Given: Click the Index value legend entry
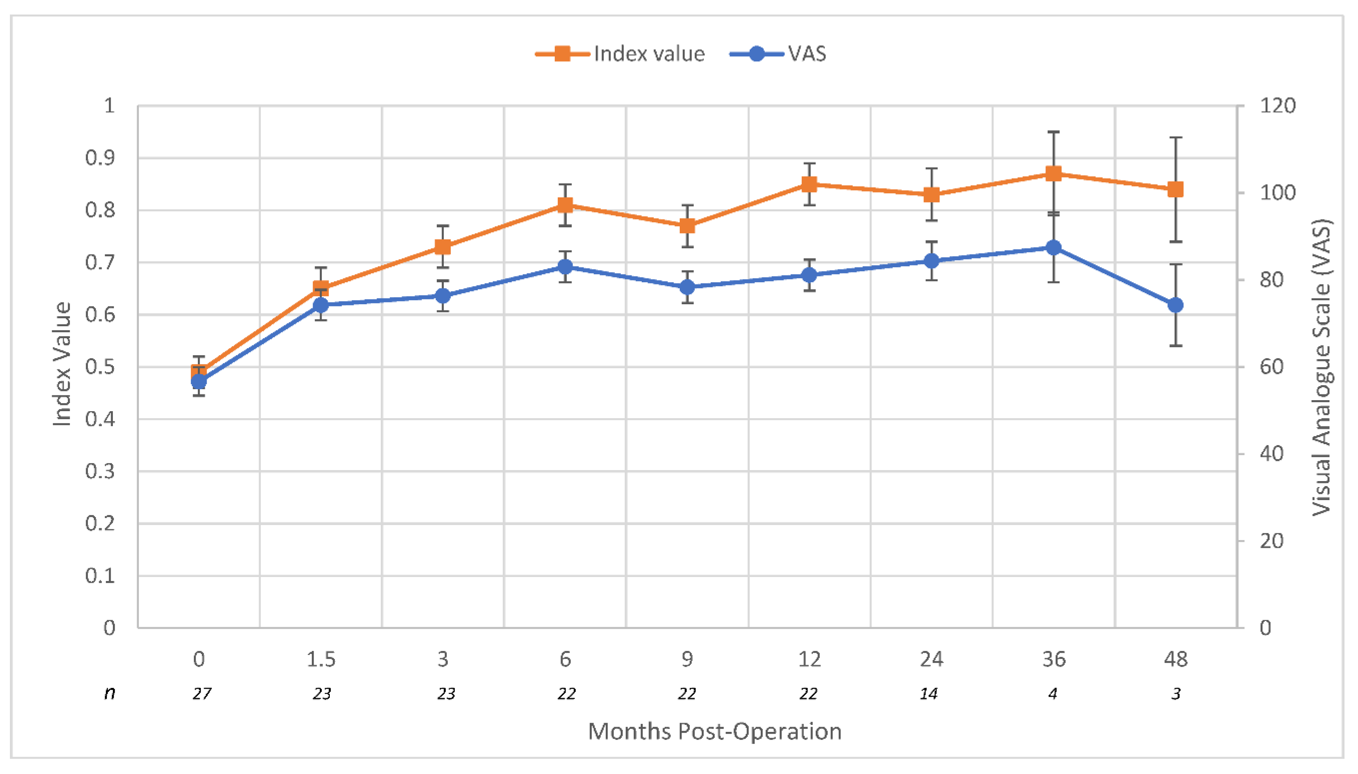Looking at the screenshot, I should coord(620,54).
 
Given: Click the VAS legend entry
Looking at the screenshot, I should coord(778,54).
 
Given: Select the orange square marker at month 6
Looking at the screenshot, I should coord(565,205).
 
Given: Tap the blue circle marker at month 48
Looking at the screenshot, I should coord(1176,305).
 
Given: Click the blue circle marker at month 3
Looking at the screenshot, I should coord(443,295).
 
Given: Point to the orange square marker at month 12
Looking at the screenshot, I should coord(809,185).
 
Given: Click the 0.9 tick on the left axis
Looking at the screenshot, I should coord(100,158).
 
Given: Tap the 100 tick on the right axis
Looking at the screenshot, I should coord(1277,193).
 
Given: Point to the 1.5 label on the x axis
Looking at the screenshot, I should coord(321,659).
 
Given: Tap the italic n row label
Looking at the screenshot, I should coord(110,693).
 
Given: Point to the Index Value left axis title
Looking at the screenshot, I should coord(62,364).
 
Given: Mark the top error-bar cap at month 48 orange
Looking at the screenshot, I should coord(1176,138).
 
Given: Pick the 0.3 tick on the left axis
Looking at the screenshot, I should coord(100,471).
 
